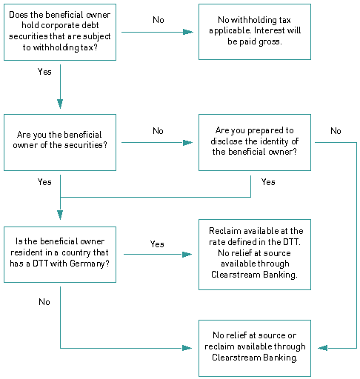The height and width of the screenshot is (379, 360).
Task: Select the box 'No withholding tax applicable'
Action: (x=255, y=32)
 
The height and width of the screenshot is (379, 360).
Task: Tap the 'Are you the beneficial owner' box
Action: (x=60, y=142)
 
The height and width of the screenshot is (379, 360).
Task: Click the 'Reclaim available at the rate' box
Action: (x=255, y=255)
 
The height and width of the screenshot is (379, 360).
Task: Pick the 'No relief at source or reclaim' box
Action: (x=255, y=348)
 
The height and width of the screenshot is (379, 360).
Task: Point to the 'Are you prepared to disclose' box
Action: (x=255, y=142)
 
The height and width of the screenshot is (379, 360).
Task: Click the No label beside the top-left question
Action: (x=159, y=20)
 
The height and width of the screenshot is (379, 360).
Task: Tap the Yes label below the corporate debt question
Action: (x=44, y=72)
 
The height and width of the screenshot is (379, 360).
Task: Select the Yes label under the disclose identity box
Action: (x=268, y=182)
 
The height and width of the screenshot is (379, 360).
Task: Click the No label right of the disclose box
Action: (x=336, y=130)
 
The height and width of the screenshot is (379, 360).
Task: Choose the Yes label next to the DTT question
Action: (x=157, y=244)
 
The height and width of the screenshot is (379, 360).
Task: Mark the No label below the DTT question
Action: (x=44, y=302)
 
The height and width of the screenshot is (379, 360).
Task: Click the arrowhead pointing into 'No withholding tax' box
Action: (x=188, y=32)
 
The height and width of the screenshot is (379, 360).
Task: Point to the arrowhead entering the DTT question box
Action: (x=60, y=215)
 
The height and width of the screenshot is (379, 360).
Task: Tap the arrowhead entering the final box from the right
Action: (x=323, y=348)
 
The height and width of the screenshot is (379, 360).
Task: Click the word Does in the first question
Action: (x=19, y=15)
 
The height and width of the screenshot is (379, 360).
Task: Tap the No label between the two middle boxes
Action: (x=158, y=130)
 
